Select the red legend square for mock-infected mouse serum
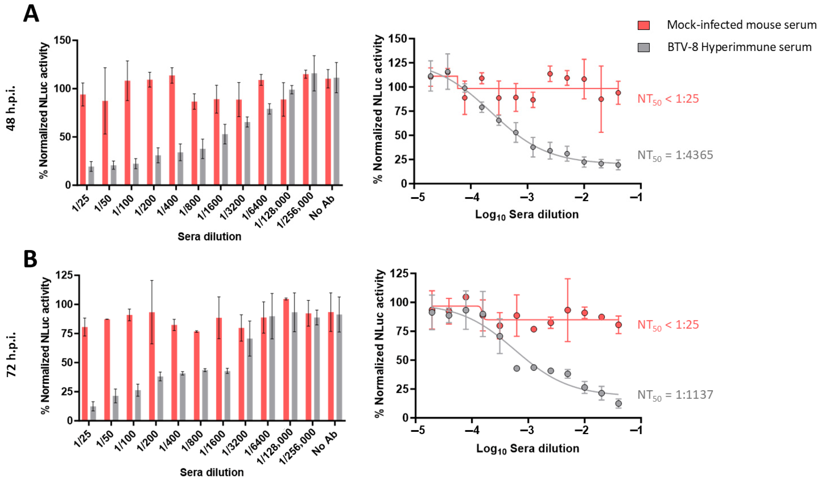point(643,25)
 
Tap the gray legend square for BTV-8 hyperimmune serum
point(643,48)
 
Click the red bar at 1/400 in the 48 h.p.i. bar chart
point(172,130)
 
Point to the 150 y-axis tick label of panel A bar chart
point(62,40)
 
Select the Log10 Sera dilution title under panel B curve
point(528,449)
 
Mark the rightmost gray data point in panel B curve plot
point(618,404)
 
